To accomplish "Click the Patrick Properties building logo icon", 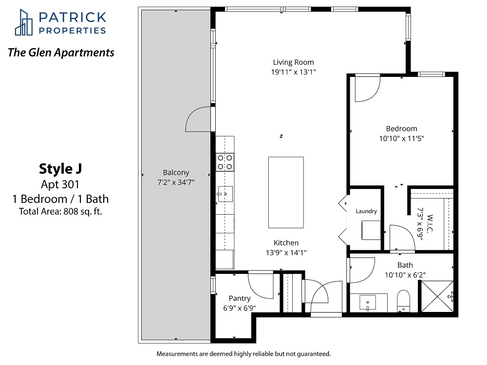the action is pyautogui.click(x=23, y=22).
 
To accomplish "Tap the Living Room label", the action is pyautogui.click(x=293, y=62).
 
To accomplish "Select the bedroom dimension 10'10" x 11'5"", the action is pyautogui.click(x=401, y=138).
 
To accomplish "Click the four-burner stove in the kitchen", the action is pyautogui.click(x=225, y=163).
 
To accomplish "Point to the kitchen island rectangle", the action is pyautogui.click(x=286, y=192).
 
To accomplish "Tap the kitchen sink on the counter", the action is pyautogui.click(x=225, y=194).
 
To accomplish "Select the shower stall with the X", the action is pyautogui.click(x=437, y=296).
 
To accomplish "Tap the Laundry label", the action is pyautogui.click(x=366, y=211).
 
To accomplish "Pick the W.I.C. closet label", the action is pyautogui.click(x=430, y=223).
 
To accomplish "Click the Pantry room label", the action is pyautogui.click(x=240, y=298).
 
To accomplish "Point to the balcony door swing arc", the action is pyautogui.click(x=192, y=115).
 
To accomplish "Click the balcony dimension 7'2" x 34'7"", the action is pyautogui.click(x=176, y=182).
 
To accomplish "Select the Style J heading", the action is pyautogui.click(x=60, y=169).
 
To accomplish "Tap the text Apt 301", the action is pyautogui.click(x=60, y=184).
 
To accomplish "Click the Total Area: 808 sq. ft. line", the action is pyautogui.click(x=60, y=211).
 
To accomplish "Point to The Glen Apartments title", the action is pyautogui.click(x=61, y=53).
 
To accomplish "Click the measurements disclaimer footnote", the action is pyautogui.click(x=244, y=353).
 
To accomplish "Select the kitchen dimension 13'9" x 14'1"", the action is pyautogui.click(x=286, y=253).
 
